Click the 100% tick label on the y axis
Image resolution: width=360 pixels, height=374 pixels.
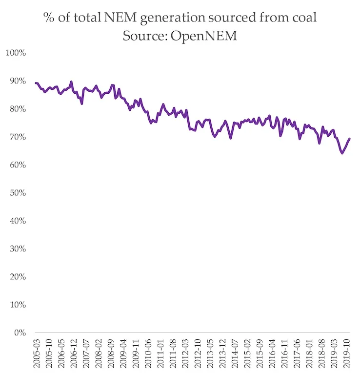(16, 52)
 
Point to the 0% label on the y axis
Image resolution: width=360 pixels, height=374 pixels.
(20, 333)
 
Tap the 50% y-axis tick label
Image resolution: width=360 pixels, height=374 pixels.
(18, 193)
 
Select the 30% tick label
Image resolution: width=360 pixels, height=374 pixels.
(18, 249)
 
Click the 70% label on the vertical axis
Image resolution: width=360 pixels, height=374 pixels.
(18, 137)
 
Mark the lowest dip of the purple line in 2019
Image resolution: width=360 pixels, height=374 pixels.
(342, 153)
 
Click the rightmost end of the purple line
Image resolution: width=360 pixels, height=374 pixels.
(350, 139)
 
